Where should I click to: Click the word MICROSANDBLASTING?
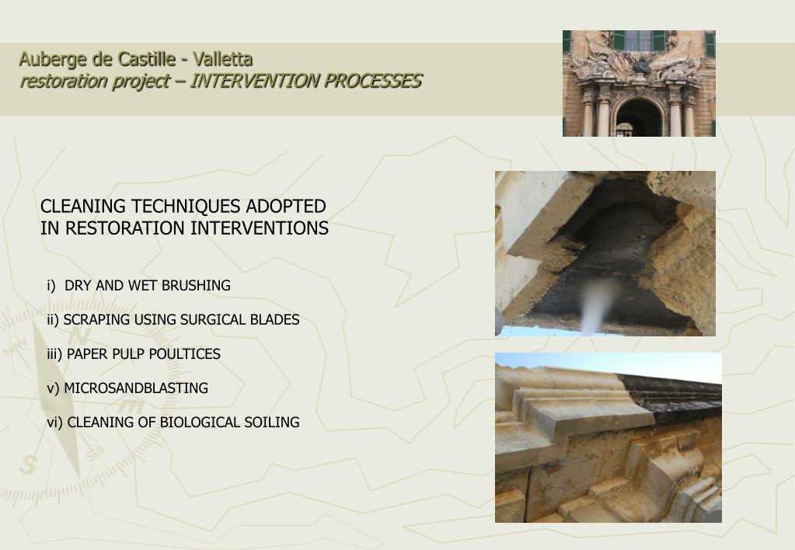tap(136, 388)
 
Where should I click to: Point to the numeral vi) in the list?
tap(54, 423)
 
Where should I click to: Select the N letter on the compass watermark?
tap(78, 339)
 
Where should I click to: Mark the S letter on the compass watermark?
tap(29, 465)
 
